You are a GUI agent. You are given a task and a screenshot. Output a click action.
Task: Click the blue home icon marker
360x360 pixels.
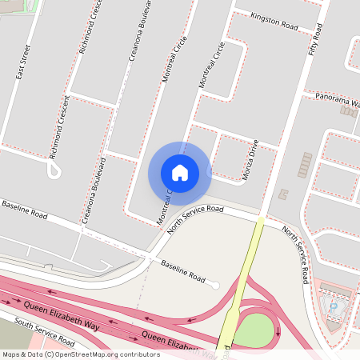(180, 173)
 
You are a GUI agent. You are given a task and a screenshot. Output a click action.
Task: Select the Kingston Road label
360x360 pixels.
(274, 22)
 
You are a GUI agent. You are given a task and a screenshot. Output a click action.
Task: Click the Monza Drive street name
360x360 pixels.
(250, 160)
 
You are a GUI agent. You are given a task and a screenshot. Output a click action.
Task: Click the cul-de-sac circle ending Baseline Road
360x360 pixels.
(214, 285)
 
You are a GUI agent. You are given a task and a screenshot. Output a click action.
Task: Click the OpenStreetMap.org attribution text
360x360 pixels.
(117, 354)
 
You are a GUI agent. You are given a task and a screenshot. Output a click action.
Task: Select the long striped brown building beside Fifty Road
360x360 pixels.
(304, 165)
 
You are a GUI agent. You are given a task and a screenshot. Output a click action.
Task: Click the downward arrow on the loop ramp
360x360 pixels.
(278, 330)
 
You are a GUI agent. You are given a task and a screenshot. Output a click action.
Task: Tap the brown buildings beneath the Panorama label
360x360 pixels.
(349, 110)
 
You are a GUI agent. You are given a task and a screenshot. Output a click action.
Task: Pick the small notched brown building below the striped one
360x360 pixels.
(283, 194)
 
